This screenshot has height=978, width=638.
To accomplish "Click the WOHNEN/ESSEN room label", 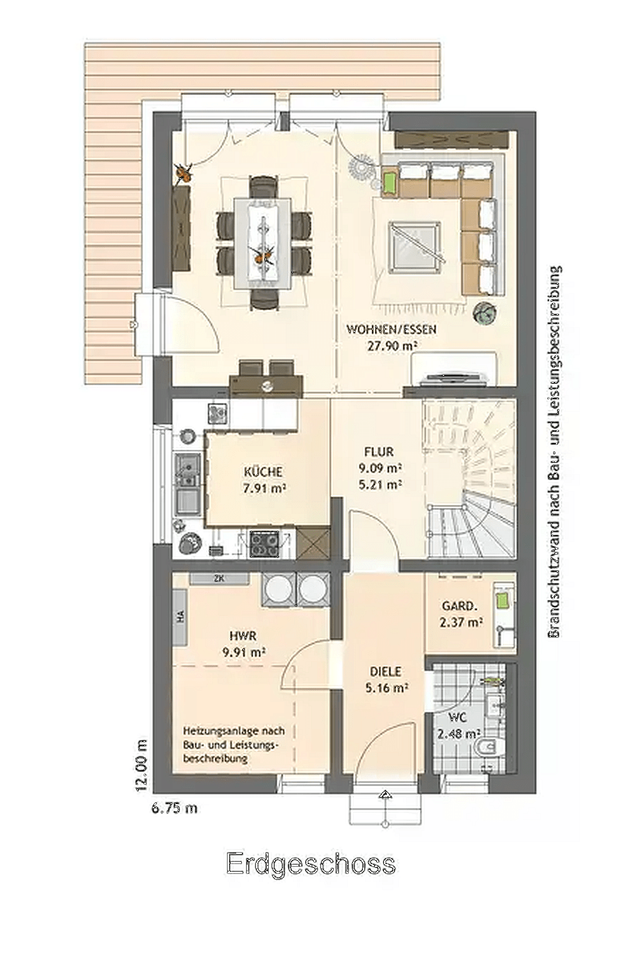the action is pyautogui.click(x=391, y=329).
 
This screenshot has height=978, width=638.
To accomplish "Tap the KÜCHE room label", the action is pyautogui.click(x=263, y=471).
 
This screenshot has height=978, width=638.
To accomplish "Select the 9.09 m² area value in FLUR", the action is pyautogui.click(x=380, y=468).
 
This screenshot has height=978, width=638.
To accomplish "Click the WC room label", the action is pyautogui.click(x=457, y=717).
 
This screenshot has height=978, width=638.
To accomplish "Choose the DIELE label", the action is pyautogui.click(x=385, y=672).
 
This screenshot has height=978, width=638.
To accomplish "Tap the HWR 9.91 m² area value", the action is pyautogui.click(x=244, y=652).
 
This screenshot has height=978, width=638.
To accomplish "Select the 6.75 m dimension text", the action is pyautogui.click(x=174, y=807).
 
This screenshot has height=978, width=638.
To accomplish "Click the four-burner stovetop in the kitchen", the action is pyautogui.click(x=264, y=544).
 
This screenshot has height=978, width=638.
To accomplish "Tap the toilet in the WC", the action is pyautogui.click(x=492, y=746).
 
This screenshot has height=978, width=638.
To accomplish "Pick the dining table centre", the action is pyautogui.click(x=262, y=243).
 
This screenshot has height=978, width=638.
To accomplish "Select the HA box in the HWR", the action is pyautogui.click(x=180, y=617).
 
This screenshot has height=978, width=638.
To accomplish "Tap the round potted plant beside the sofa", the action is pyautogui.click(x=485, y=313).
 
